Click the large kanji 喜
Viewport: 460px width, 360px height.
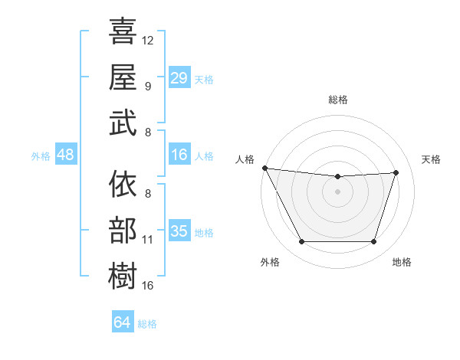tap(123, 32)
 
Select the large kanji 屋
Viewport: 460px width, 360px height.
tap(123, 77)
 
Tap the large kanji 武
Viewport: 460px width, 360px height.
tap(123, 123)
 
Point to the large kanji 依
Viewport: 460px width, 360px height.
tap(123, 185)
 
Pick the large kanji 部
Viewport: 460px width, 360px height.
tap(123, 230)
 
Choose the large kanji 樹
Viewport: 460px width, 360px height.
tap(123, 276)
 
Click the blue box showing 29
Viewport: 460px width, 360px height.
tap(179, 77)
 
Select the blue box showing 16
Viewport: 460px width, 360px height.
tap(179, 155)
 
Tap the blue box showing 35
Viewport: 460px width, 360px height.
tap(179, 231)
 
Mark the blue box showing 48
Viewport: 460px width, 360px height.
tap(66, 155)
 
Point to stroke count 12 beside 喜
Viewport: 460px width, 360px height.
tap(148, 40)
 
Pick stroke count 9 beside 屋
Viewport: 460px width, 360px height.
tap(148, 86)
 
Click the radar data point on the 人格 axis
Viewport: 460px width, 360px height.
tap(264, 168)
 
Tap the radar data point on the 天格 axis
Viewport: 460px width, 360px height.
tap(396, 172)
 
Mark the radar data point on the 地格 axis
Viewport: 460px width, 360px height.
tap(373, 242)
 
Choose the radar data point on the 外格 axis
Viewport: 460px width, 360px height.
tap(301, 242)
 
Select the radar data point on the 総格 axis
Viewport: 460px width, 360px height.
tap(337, 177)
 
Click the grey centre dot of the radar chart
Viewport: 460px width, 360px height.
tap(337, 191)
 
